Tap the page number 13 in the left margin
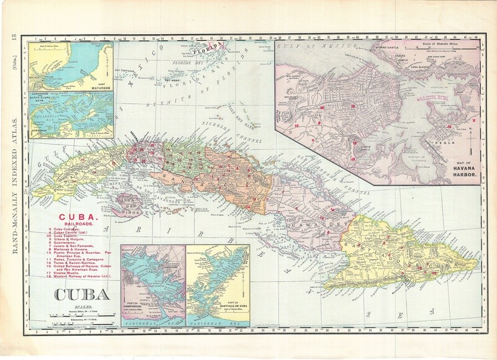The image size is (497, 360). (11, 42)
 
